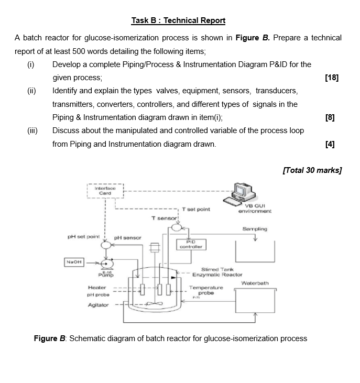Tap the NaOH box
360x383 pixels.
coord(73,261)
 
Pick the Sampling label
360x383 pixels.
coord(255,229)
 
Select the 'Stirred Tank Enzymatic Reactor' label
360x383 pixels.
coord(217,271)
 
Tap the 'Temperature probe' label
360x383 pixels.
coord(206,290)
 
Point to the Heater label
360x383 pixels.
coord(97,287)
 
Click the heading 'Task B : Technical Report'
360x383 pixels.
coord(178,20)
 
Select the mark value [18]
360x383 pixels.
coord(332,78)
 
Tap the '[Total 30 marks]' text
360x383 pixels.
coord(312,170)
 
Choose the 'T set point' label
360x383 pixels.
coord(197,209)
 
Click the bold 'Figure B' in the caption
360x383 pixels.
coord(50,338)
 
